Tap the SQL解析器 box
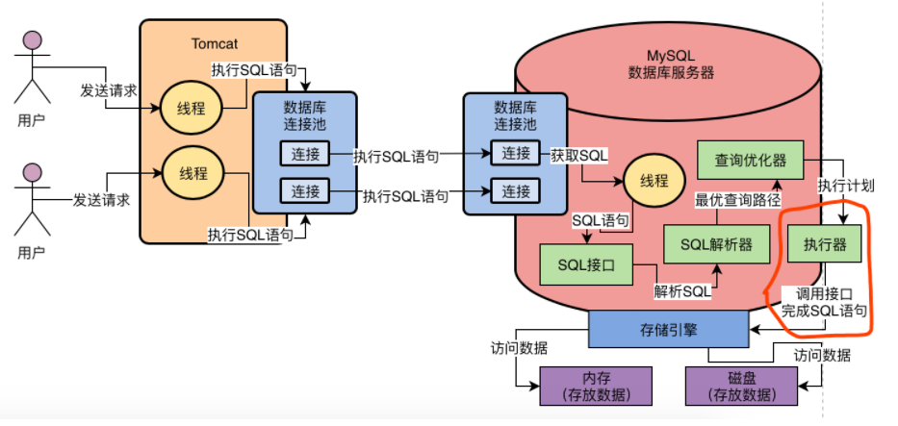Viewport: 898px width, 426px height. pyautogui.click(x=716, y=244)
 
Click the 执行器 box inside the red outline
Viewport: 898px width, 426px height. pyautogui.click(x=825, y=244)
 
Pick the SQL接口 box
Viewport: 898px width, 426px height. pyautogui.click(x=586, y=264)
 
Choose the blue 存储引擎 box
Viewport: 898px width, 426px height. pyautogui.click(x=668, y=329)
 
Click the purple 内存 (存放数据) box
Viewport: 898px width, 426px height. pyautogui.click(x=596, y=386)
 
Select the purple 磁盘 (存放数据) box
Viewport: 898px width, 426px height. pyautogui.click(x=741, y=386)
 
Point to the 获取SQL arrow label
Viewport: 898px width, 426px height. pyautogui.click(x=578, y=155)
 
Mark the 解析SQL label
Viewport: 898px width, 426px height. pyautogui.click(x=682, y=290)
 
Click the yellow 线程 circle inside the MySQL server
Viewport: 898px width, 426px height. pyautogui.click(x=654, y=181)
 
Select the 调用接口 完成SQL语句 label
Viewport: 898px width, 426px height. pyautogui.click(x=824, y=303)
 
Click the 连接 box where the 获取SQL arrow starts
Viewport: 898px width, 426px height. pyautogui.click(x=516, y=153)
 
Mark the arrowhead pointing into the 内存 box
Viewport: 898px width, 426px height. pyautogui.click(x=535, y=386)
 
